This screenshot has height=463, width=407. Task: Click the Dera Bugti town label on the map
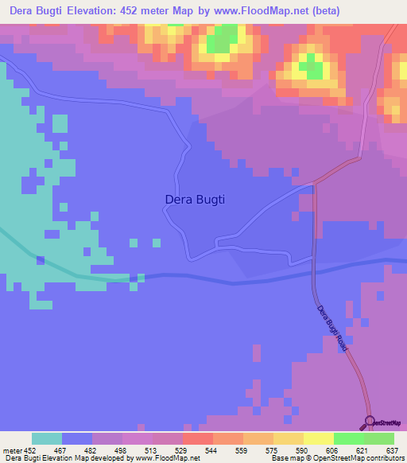195,200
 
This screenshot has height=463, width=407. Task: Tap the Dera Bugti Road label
332,329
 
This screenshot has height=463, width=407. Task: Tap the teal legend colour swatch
47,438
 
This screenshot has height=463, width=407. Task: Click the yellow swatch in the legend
318,438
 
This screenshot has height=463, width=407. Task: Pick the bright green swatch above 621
348,438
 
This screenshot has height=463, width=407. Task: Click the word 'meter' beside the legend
13,449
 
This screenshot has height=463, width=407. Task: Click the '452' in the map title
151,11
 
